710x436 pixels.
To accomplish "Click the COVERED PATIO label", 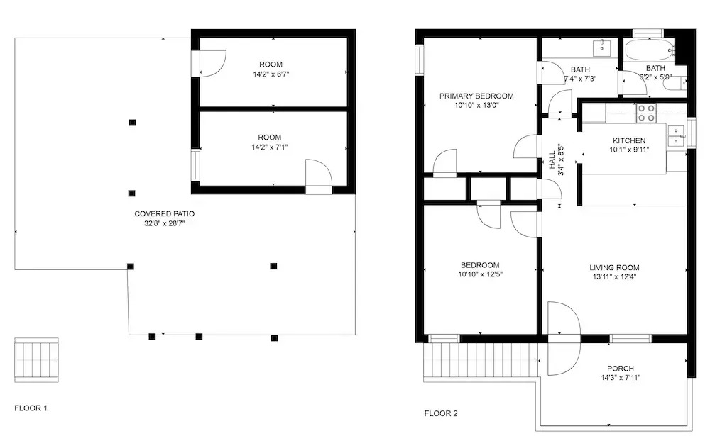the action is coord(165,213).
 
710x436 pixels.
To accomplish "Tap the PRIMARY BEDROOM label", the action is coord(476,96).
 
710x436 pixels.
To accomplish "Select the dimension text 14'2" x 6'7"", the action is coord(271,74).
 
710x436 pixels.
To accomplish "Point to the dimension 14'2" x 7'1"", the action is coord(270,147).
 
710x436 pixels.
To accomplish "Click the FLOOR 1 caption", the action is coord(31,408).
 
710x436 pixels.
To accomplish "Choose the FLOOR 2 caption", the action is coord(441,413).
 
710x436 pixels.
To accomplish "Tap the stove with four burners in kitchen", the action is coord(646,113).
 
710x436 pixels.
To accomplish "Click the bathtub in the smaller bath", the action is coord(648,50).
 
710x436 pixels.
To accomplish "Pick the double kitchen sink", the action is coord(676,136).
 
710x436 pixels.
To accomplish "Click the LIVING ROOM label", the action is coord(614,267).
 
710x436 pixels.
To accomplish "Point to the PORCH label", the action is coord(621,369).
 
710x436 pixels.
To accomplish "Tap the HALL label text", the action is coord(552,160).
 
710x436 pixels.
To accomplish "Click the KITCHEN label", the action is coord(629,140).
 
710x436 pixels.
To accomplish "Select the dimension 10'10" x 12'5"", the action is coord(481,274).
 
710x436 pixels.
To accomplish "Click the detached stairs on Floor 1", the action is coord(36,360).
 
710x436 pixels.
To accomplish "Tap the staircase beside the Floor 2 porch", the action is coord(481,360).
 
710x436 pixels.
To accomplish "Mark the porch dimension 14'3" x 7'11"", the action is coord(621,378).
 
